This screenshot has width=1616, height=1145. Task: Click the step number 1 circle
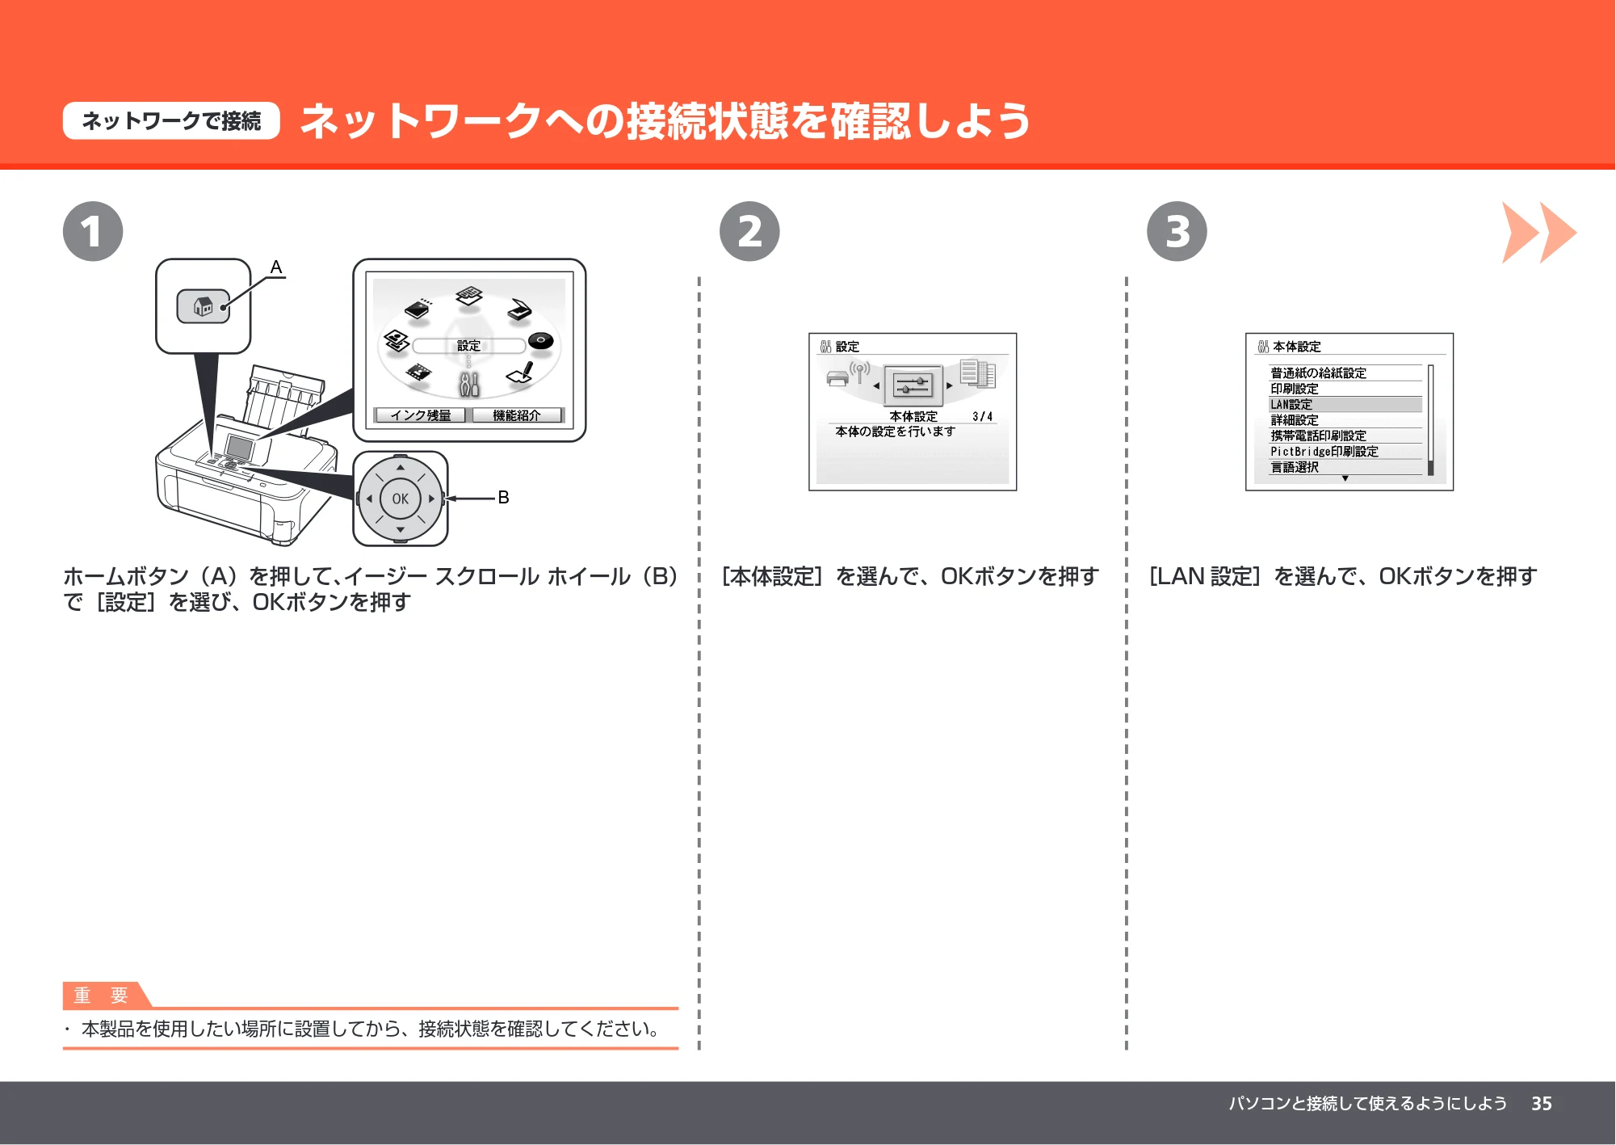tap(93, 231)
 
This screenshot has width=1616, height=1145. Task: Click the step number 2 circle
tap(749, 231)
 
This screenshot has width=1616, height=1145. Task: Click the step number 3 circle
tap(1177, 231)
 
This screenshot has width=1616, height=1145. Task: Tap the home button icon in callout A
tap(203, 306)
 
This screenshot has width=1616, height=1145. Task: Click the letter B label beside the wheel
tap(503, 497)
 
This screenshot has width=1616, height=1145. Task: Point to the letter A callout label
tap(276, 267)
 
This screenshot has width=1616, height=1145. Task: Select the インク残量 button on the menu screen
tap(420, 415)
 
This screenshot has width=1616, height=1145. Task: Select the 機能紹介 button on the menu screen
tap(517, 415)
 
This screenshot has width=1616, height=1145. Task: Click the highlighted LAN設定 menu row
tap(1345, 404)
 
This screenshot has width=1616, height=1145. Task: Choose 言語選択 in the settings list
tap(1295, 467)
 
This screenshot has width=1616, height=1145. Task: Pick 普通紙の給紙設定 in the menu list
tap(1318, 373)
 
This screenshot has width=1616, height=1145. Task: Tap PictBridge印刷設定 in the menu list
tap(1324, 452)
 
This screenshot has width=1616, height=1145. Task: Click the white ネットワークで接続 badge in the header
tap(171, 121)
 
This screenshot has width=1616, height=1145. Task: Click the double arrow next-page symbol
tap(1538, 233)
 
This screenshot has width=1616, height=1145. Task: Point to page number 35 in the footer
tap(1542, 1104)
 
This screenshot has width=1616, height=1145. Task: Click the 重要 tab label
tap(102, 996)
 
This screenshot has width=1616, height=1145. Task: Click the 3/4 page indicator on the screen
tap(982, 417)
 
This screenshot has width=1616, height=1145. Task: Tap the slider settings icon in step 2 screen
tap(913, 385)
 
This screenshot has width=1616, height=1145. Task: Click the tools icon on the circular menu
tap(469, 384)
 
